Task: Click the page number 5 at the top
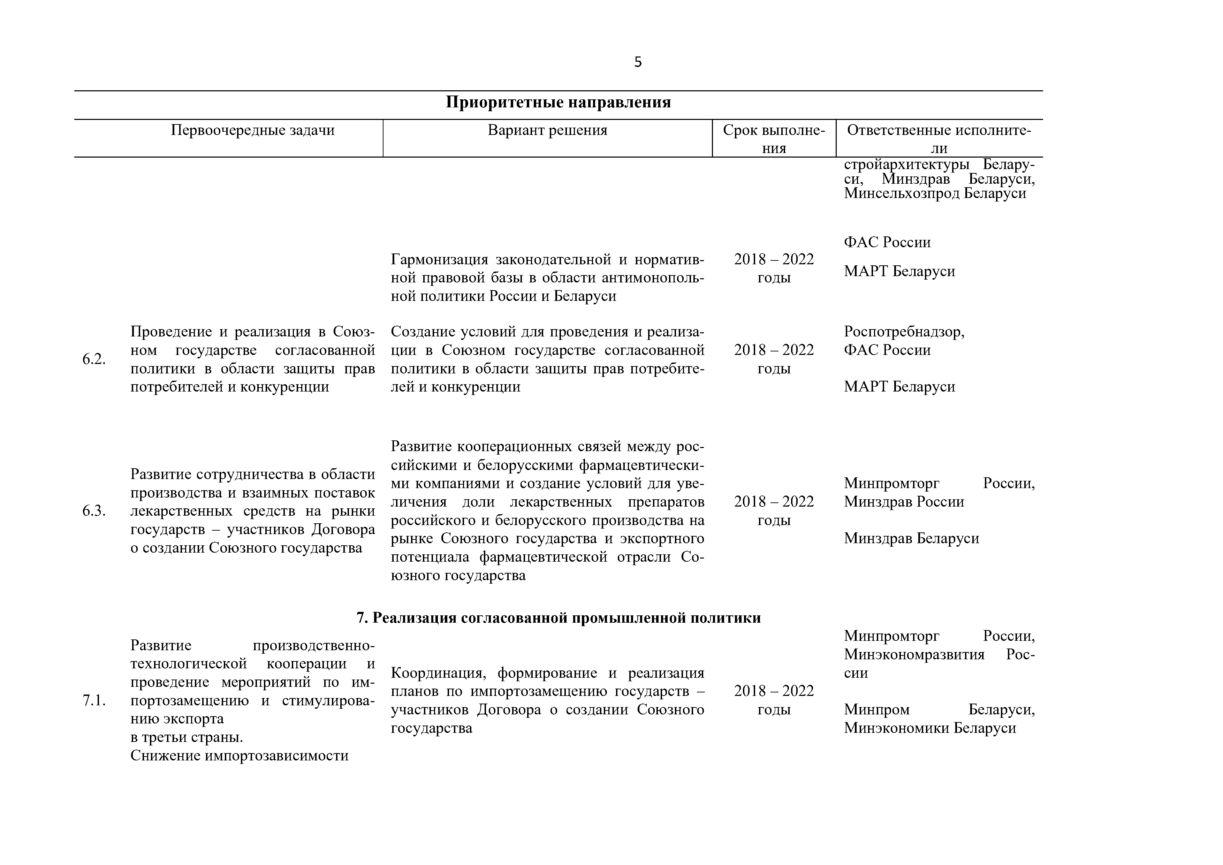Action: pos(638,62)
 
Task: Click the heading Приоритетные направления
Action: pos(558,102)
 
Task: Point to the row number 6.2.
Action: pos(94,359)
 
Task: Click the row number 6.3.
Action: pos(94,511)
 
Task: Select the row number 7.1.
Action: pos(94,701)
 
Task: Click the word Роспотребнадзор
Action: pos(903,332)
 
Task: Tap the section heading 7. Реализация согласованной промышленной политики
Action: pos(558,618)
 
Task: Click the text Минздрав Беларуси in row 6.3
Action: pos(911,539)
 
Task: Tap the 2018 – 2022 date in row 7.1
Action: pos(773,691)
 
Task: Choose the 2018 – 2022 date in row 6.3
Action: pos(773,502)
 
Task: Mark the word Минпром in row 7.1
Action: pos(876,710)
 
